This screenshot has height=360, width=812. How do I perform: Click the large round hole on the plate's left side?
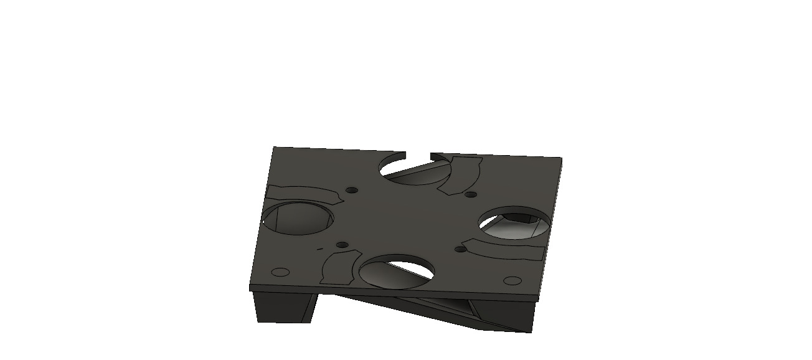click(297, 217)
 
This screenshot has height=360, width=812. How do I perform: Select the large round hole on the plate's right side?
click(515, 223)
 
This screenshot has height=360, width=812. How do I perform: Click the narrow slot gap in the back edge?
click(418, 154)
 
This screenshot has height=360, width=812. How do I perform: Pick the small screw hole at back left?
click(352, 189)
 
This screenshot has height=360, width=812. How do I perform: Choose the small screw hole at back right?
click(471, 195)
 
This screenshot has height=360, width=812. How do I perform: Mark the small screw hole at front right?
click(460, 249)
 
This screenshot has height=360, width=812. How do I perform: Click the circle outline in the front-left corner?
click(281, 272)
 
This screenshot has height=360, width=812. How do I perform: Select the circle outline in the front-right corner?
click(511, 280)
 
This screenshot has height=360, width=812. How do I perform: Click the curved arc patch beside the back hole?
click(461, 174)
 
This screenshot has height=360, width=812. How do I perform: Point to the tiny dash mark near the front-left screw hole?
click(320, 249)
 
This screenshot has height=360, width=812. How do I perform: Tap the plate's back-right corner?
click(561, 159)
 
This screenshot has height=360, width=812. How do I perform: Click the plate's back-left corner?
click(275, 148)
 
